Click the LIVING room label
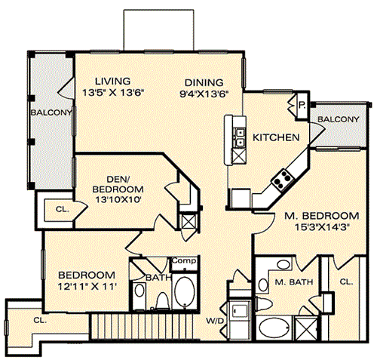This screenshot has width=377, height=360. pos(113,82)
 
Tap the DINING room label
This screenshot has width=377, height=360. pos(204,82)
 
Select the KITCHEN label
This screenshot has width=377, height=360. pos(276,137)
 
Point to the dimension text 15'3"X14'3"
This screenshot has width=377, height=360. pos(323,227)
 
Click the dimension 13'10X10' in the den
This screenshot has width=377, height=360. pos(118,200)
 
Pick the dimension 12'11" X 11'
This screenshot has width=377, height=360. pos(87,286)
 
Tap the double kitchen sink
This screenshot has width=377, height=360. pos(239,137)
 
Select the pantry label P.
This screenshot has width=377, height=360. pos(302,106)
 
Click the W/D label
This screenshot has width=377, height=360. pos(215,321)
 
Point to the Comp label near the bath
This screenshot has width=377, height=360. pos(184,260)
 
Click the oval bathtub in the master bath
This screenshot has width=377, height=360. pos(274,328)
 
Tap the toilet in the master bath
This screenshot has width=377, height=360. pos(264,304)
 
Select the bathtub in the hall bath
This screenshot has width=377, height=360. pos(185,293)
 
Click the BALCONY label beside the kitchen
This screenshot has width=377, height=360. pos(338,119)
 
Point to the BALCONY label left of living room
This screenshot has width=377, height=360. pos(51,112)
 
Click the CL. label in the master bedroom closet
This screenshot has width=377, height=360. pos(346,282)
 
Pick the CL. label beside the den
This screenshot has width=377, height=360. pos(63,209)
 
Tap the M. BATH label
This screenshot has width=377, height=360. pos(294,282)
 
